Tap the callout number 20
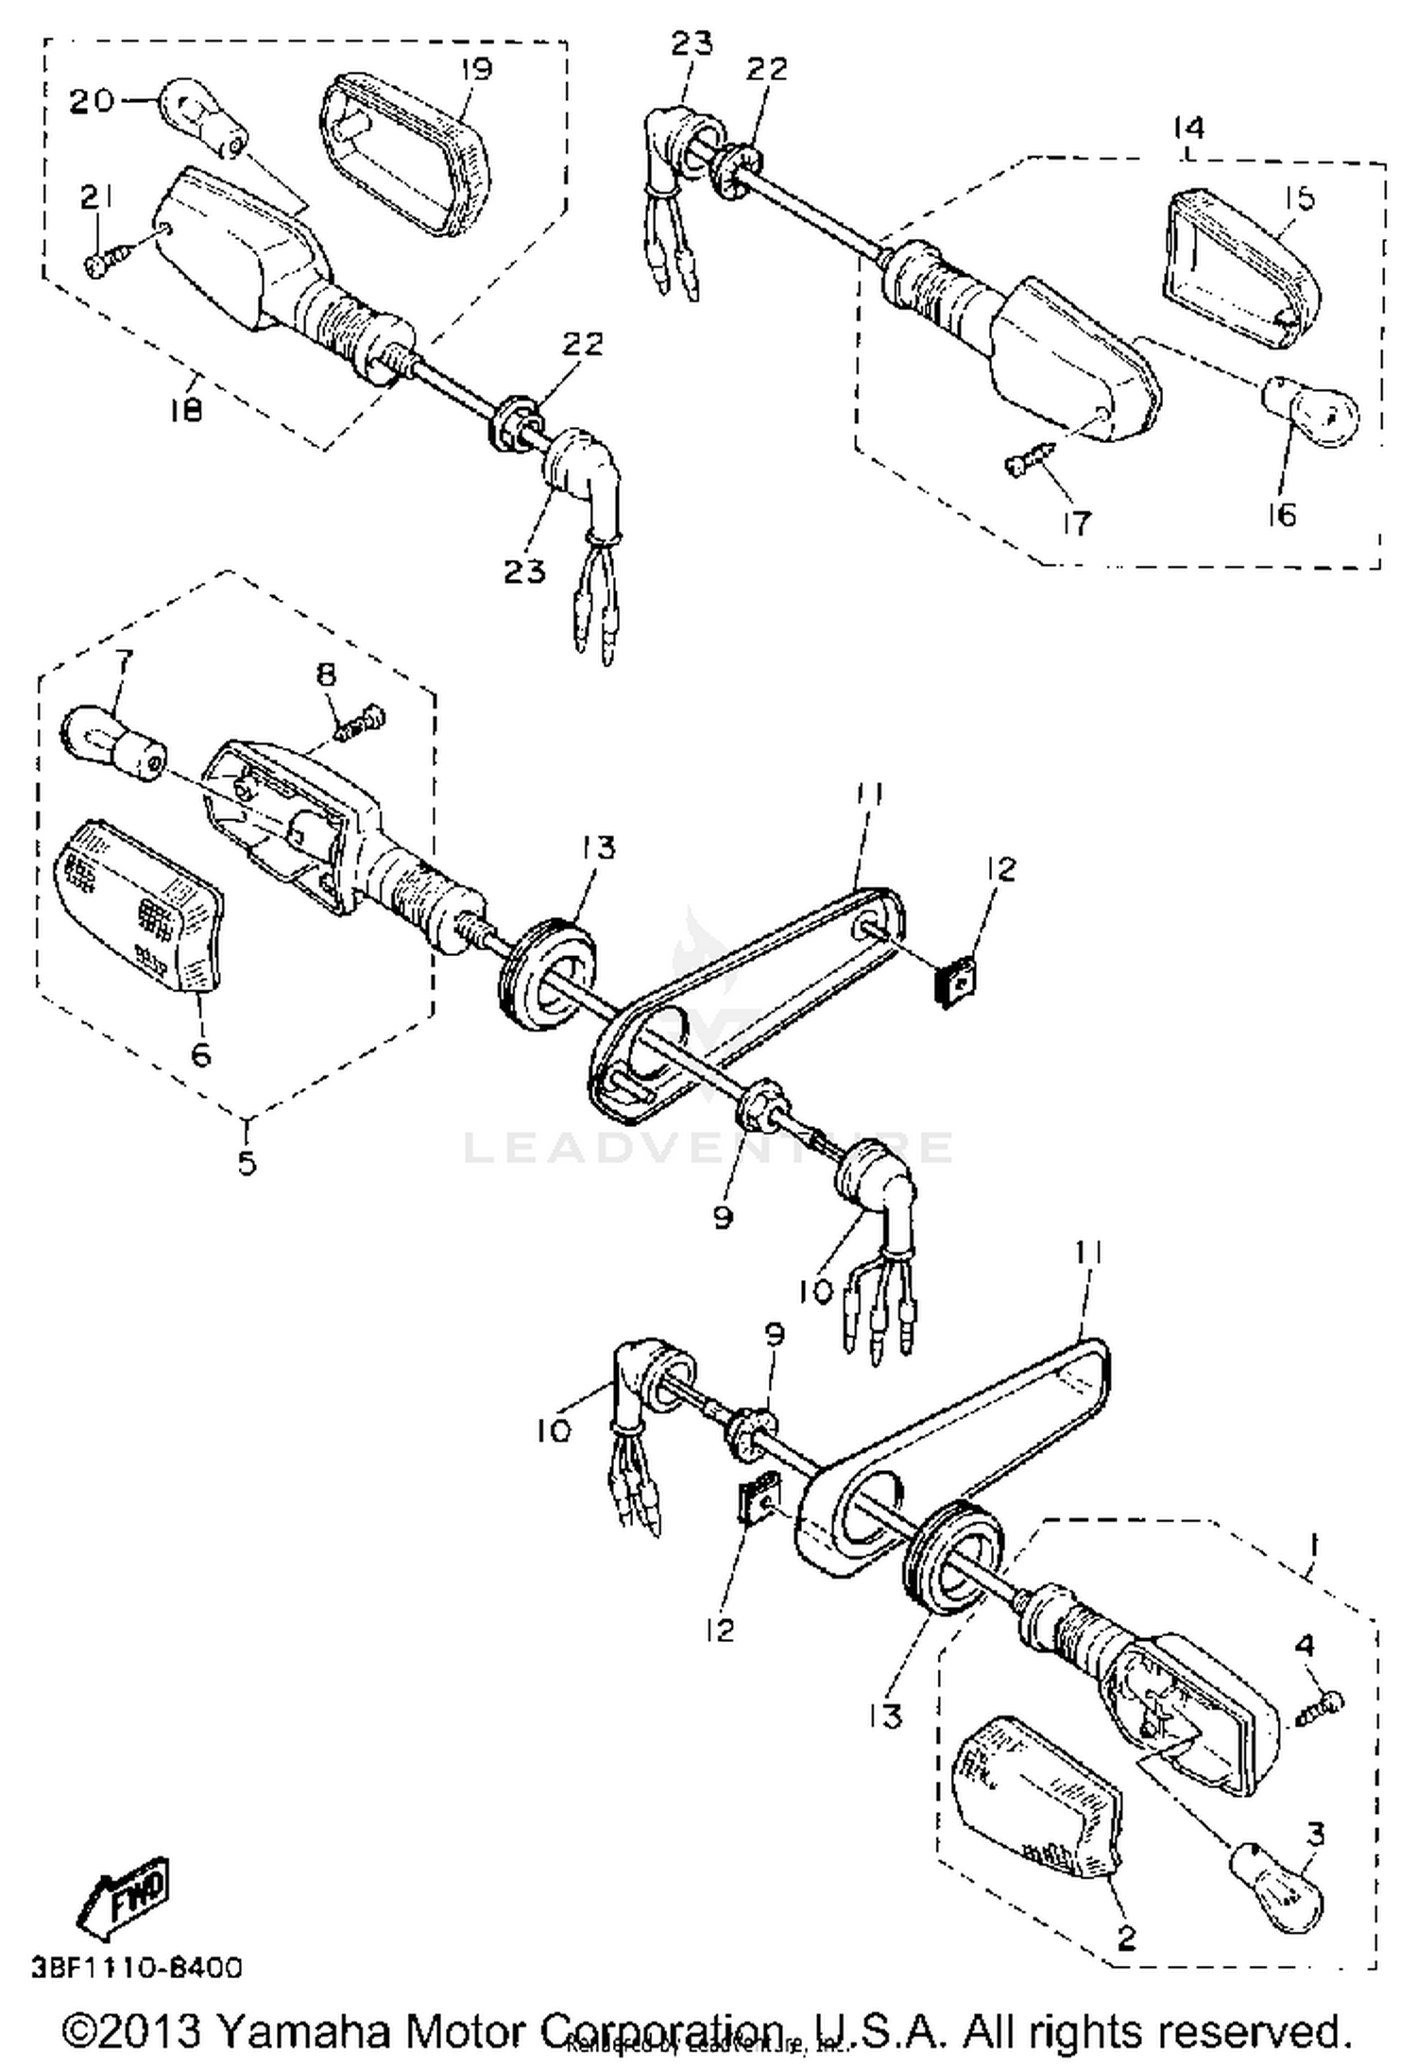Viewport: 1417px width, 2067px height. tap(93, 101)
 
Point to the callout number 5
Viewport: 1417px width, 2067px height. tap(247, 1161)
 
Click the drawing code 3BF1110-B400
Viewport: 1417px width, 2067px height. tap(136, 1968)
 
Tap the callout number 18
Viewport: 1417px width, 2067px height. tap(187, 410)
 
